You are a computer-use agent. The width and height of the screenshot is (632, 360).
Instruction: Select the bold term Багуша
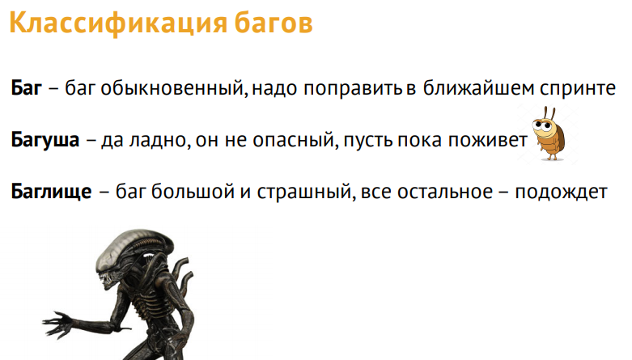pos(45,139)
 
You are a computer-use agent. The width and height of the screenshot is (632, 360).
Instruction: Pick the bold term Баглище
pos(51,193)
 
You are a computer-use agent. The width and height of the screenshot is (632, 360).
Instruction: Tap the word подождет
pos(561,193)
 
